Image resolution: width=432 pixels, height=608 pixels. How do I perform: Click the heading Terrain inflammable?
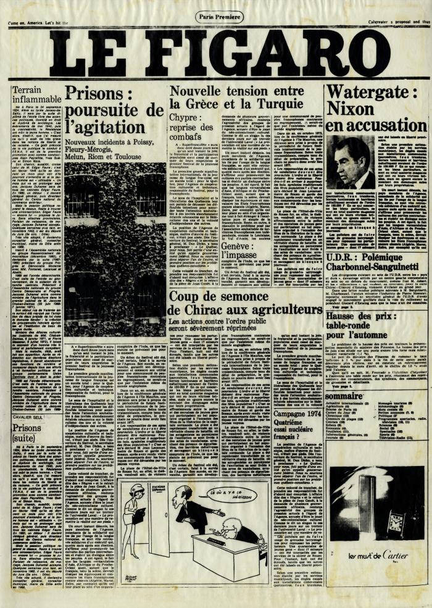tap(36, 94)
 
